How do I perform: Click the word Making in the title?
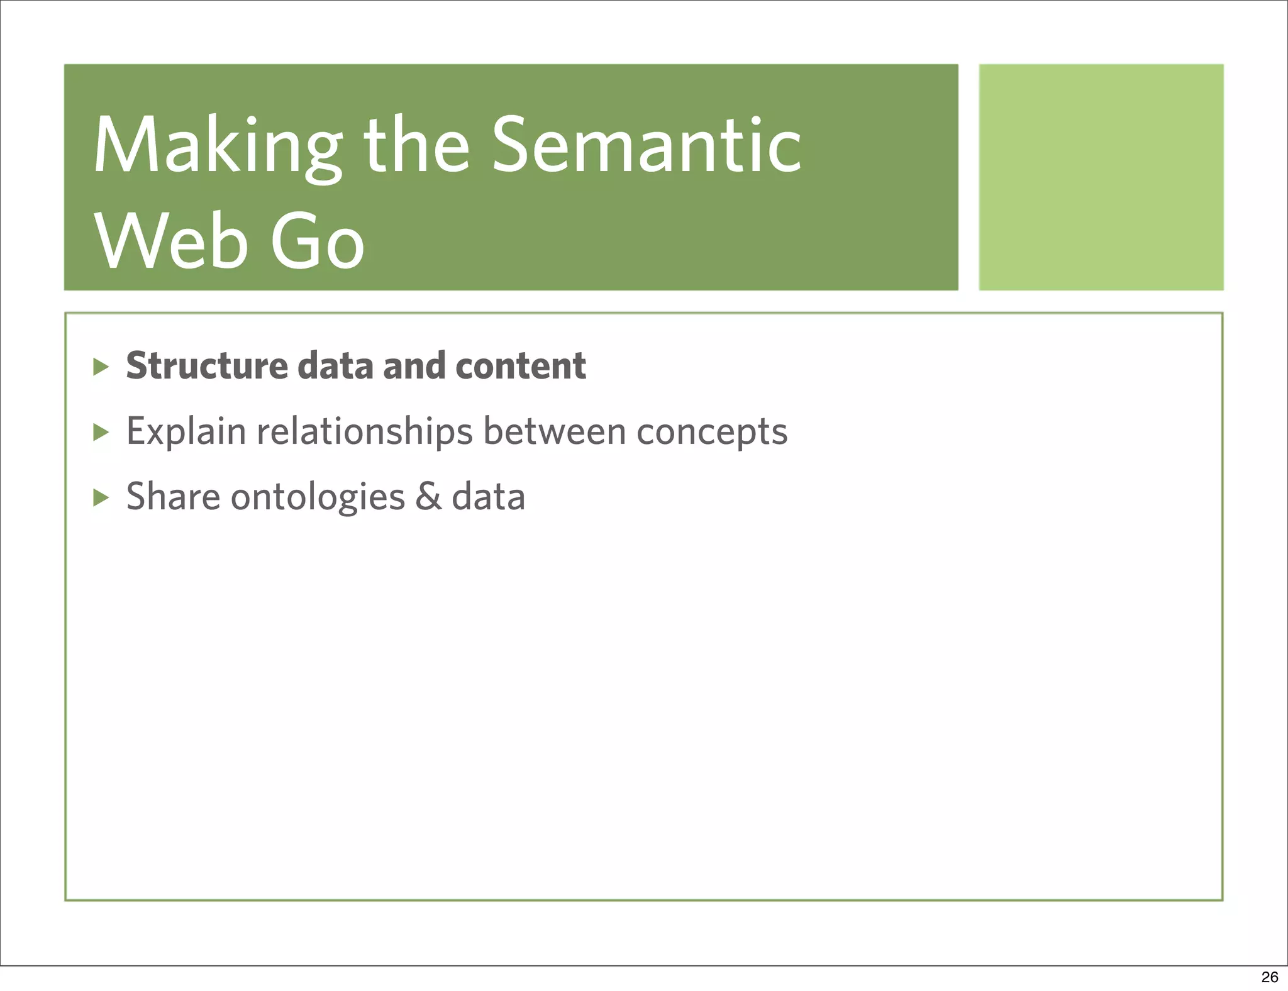pyautogui.click(x=216, y=146)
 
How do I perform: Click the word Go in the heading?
pyautogui.click(x=317, y=243)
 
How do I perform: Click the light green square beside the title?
pyautogui.click(x=1101, y=177)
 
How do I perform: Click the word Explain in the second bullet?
pyautogui.click(x=186, y=431)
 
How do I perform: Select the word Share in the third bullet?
pyautogui.click(x=173, y=497)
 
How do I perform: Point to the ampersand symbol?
pyautogui.click(x=428, y=497)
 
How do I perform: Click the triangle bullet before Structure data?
pyautogui.click(x=101, y=367)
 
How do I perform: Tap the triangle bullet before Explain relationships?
pyautogui.click(x=101, y=432)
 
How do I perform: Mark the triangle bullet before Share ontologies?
pyautogui.click(x=101, y=498)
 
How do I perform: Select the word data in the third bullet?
pyautogui.click(x=489, y=497)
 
